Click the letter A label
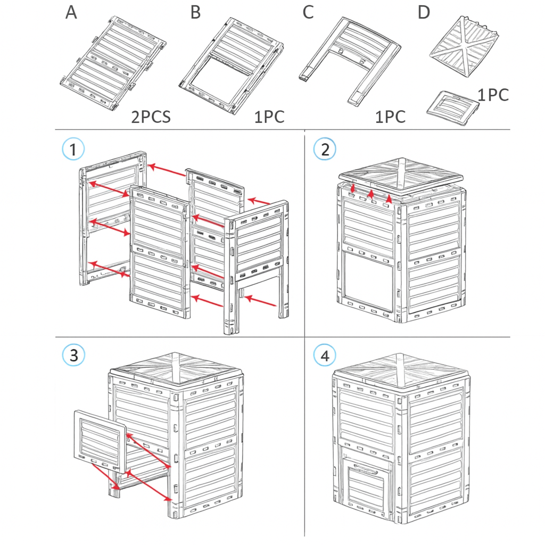pyautogui.click(x=71, y=12)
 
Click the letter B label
pyautogui.click(x=196, y=12)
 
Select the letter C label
pyautogui.click(x=308, y=12)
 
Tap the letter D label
pyautogui.click(x=424, y=12)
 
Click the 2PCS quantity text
pyautogui.click(x=151, y=117)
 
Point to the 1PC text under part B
pyautogui.click(x=269, y=117)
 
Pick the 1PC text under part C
pyautogui.click(x=390, y=117)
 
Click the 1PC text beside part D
pyautogui.click(x=493, y=95)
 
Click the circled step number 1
pyautogui.click(x=73, y=149)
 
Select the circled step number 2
pyautogui.click(x=325, y=149)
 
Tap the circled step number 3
pyautogui.click(x=73, y=355)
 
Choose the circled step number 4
pyautogui.click(x=325, y=355)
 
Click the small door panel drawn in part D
pyautogui.click(x=453, y=108)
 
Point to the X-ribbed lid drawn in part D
pyautogui.click(x=464, y=47)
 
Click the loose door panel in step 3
pyautogui.click(x=100, y=441)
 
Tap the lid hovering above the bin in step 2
pyautogui.click(x=401, y=177)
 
